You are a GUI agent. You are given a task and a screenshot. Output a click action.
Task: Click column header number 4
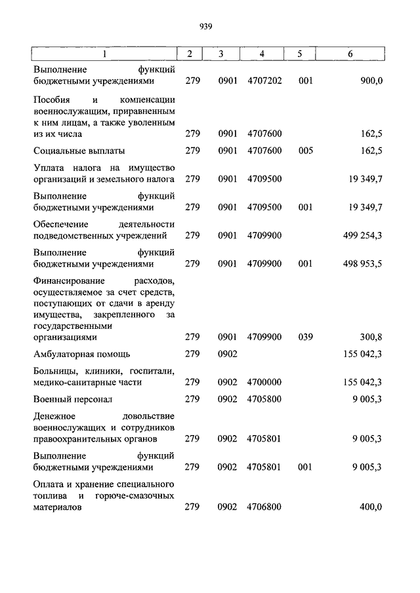tap(262, 54)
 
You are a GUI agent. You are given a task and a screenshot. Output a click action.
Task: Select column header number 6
tap(350, 54)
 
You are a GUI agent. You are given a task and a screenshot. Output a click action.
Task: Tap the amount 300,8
tap(371, 337)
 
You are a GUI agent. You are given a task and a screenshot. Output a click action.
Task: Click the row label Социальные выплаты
tap(79, 151)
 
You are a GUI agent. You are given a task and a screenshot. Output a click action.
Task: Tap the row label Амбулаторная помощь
tap(82, 354)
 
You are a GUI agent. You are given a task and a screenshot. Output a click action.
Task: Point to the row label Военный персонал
tap(73, 398)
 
